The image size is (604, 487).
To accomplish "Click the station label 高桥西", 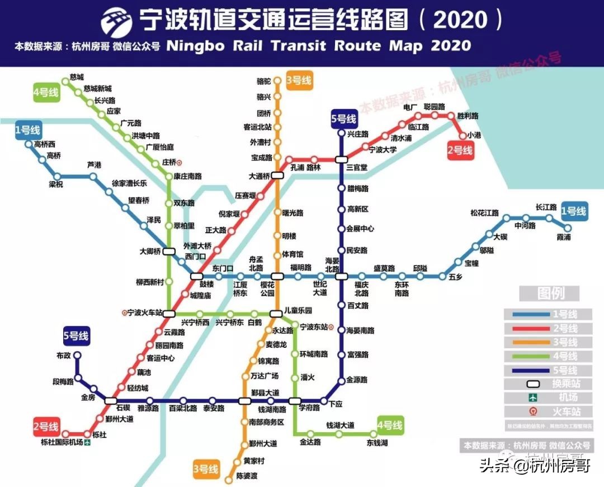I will pyautogui.click(x=45, y=144).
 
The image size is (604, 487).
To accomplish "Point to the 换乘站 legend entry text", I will pyautogui.click(x=565, y=384).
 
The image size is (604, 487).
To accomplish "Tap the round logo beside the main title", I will pyautogui.click(x=116, y=21).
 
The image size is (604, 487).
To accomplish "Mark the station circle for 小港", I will pyautogui.click(x=463, y=135).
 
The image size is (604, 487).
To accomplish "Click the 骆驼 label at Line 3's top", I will pyautogui.click(x=263, y=82).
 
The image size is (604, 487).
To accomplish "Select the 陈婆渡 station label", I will pyautogui.click(x=247, y=476).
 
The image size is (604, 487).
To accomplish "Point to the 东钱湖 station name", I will pyautogui.click(x=377, y=443).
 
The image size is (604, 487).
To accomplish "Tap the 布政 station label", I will pyautogui.click(x=64, y=355).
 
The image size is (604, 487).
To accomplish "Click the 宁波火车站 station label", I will pyautogui.click(x=145, y=313).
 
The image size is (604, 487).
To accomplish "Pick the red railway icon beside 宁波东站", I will pyautogui.click(x=331, y=327).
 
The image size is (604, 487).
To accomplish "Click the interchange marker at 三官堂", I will pyautogui.click(x=342, y=160).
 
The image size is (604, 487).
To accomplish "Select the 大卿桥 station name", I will pyautogui.click(x=150, y=251).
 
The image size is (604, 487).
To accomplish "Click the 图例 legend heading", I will pyautogui.click(x=550, y=293).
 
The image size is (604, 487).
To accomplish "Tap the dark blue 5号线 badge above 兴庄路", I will pyautogui.click(x=343, y=118).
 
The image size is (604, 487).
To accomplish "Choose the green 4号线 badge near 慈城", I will pyautogui.click(x=46, y=92).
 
